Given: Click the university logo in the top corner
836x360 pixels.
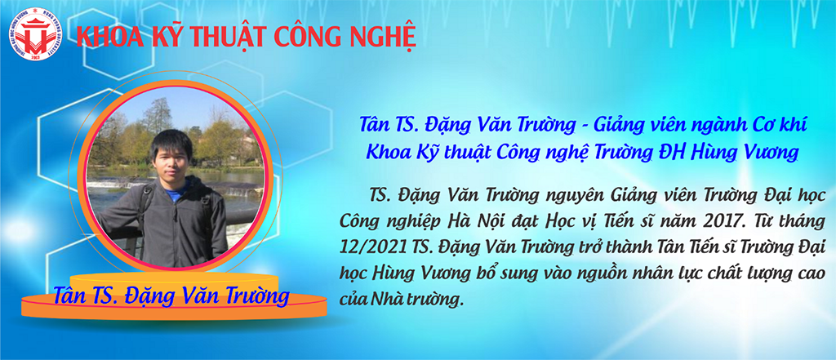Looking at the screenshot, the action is (x=35, y=34).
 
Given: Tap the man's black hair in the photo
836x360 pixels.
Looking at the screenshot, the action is (x=171, y=143).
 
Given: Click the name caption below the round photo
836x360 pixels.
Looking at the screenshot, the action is (x=171, y=296).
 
